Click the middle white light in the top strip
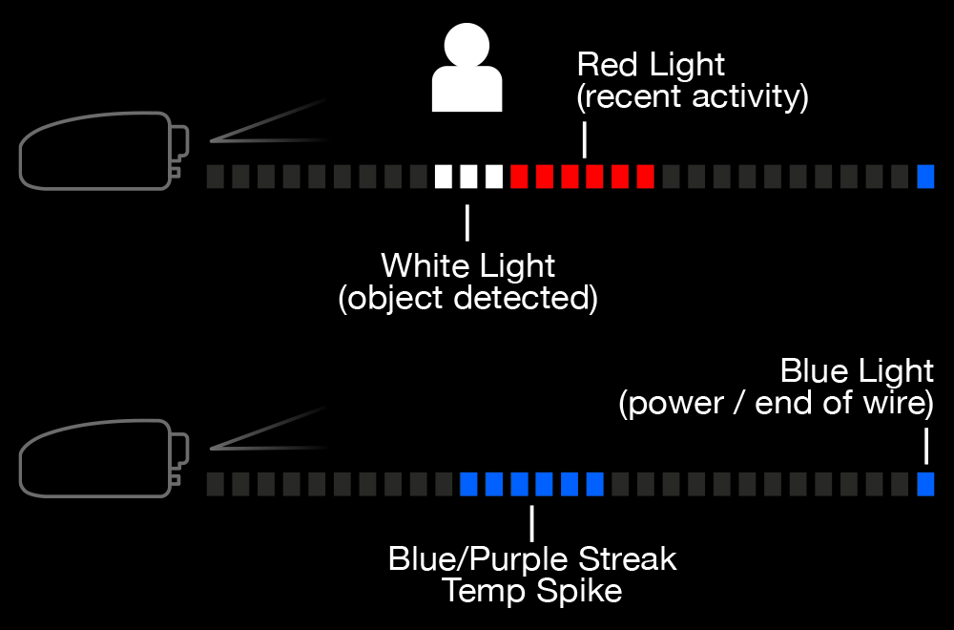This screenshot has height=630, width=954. pos(468,177)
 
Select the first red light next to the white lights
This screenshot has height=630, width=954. pos(519,177)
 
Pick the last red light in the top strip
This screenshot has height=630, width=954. pos(645,177)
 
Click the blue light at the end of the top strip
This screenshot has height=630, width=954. pos(925,177)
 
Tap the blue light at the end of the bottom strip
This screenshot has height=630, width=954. pos(925,485)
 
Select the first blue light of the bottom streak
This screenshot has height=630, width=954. pos(468,485)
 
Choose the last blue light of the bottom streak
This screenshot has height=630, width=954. pos(594,485)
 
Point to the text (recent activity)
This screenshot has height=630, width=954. pos(693,96)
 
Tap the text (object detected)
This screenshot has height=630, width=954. pos(467,298)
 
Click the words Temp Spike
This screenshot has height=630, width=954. pos(531,591)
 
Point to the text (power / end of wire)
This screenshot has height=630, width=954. pos(776,403)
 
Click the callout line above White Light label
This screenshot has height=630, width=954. pos(467,221)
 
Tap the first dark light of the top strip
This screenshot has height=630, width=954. pos(215,177)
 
